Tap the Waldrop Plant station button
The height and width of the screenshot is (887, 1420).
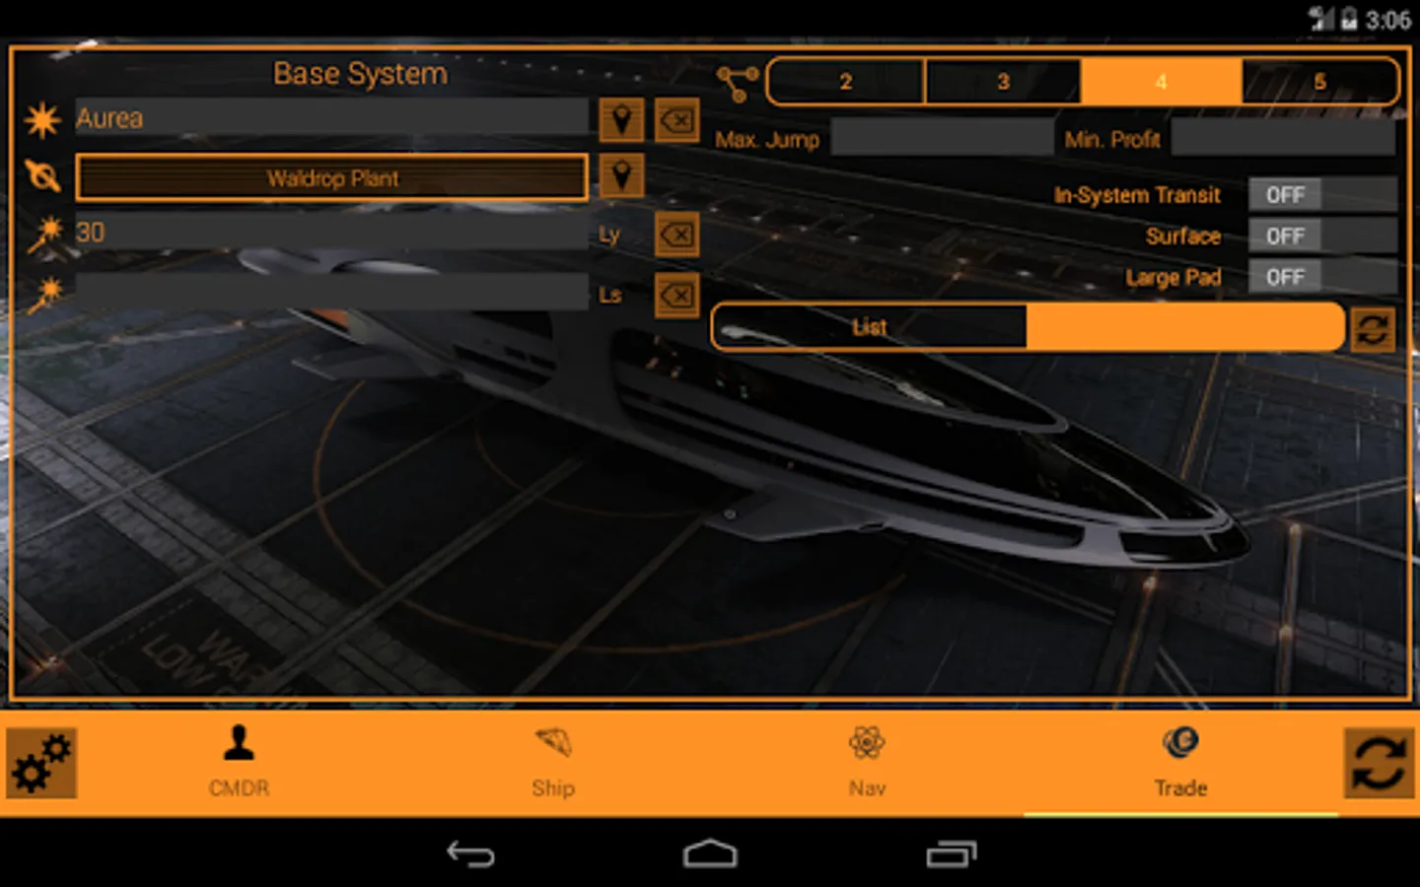[332, 178]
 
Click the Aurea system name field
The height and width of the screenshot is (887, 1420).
[331, 118]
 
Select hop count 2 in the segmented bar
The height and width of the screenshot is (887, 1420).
[846, 82]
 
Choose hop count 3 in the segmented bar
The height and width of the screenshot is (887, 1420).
[1003, 82]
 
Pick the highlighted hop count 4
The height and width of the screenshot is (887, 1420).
[1161, 82]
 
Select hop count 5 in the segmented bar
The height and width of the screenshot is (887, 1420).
[1319, 82]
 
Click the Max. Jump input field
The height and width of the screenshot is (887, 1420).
[942, 138]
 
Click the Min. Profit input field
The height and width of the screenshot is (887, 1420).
[1282, 138]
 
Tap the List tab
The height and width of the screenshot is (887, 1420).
[869, 327]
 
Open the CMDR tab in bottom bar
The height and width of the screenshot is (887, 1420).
[239, 761]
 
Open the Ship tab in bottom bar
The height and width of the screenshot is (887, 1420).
[552, 761]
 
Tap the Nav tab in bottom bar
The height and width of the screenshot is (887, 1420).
[867, 761]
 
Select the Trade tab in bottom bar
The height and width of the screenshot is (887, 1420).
[1180, 761]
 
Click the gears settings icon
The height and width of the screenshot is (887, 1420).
[41, 763]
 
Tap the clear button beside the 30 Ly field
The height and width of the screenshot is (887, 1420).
[676, 235]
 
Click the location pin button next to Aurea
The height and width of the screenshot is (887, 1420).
[621, 120]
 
